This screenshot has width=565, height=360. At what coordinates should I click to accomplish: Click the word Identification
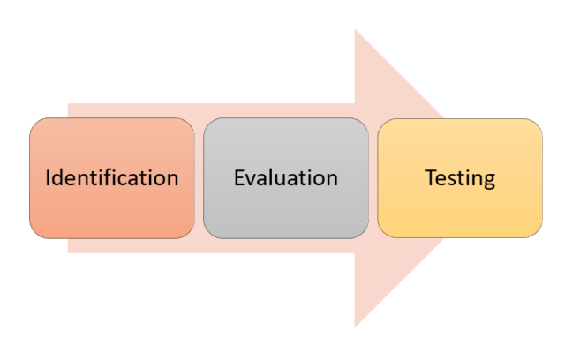click(x=112, y=177)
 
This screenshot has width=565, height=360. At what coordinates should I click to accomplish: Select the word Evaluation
click(x=286, y=177)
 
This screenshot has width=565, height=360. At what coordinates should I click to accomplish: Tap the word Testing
click(x=460, y=178)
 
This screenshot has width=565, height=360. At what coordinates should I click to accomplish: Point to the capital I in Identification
click(x=48, y=177)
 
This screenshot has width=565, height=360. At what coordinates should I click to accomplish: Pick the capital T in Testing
click(x=432, y=177)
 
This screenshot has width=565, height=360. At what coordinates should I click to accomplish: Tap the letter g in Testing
click(x=489, y=182)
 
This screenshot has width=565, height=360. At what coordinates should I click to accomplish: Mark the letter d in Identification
click(x=58, y=177)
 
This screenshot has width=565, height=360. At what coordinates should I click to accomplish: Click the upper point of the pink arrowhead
click(x=355, y=29)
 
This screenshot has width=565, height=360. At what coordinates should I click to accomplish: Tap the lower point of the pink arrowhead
click(x=355, y=326)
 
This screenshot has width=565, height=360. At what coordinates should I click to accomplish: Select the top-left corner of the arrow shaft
click(x=68, y=104)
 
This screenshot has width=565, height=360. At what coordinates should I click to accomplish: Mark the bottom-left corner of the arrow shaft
click(x=68, y=252)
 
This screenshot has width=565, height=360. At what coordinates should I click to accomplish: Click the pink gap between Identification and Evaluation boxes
click(x=200, y=178)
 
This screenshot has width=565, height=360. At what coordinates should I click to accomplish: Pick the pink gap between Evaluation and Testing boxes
click(x=373, y=178)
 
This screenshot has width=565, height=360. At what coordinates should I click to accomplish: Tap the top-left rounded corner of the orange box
click(x=34, y=123)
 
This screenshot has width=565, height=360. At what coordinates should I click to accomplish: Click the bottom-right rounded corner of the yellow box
click(x=538, y=233)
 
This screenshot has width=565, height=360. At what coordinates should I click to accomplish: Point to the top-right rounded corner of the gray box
click(x=364, y=123)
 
